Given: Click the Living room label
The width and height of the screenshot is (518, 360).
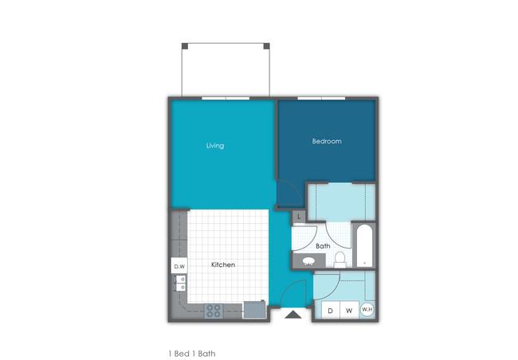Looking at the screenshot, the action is pos(215,146).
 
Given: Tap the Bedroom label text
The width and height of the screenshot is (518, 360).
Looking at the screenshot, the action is pos(327,141).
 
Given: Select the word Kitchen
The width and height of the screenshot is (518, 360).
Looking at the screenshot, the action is pos(223,264).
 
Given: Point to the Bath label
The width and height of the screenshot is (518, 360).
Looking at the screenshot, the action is pos(323,246).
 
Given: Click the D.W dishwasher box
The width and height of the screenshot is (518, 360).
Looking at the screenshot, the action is pos(179,266).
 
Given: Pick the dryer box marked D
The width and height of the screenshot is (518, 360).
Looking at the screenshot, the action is pos(331,310).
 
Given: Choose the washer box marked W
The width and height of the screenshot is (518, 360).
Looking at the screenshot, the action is pos(349,310).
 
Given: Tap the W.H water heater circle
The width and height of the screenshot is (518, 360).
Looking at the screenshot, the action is pos(367,310).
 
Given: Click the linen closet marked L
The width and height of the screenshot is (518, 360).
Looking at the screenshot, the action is pos(299,217).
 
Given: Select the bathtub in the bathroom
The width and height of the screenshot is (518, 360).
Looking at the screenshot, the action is pos(364,246).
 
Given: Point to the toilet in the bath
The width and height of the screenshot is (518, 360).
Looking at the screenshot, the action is pos(339,260).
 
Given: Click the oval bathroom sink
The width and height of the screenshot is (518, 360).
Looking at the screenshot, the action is pos(308,261).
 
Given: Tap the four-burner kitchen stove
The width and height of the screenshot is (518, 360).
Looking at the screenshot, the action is pos(214,311).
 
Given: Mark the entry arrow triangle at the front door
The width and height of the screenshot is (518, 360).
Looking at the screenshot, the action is pos(293,315).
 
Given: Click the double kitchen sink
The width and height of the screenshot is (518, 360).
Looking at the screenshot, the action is pos(180,284).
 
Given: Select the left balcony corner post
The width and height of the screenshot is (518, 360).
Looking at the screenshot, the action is pos(185,46).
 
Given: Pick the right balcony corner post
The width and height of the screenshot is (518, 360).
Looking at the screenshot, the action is pos(267,46).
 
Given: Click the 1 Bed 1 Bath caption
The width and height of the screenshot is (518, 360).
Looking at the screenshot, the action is pos(192,354).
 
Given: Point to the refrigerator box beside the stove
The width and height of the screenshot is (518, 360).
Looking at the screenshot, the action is pos(255,310).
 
